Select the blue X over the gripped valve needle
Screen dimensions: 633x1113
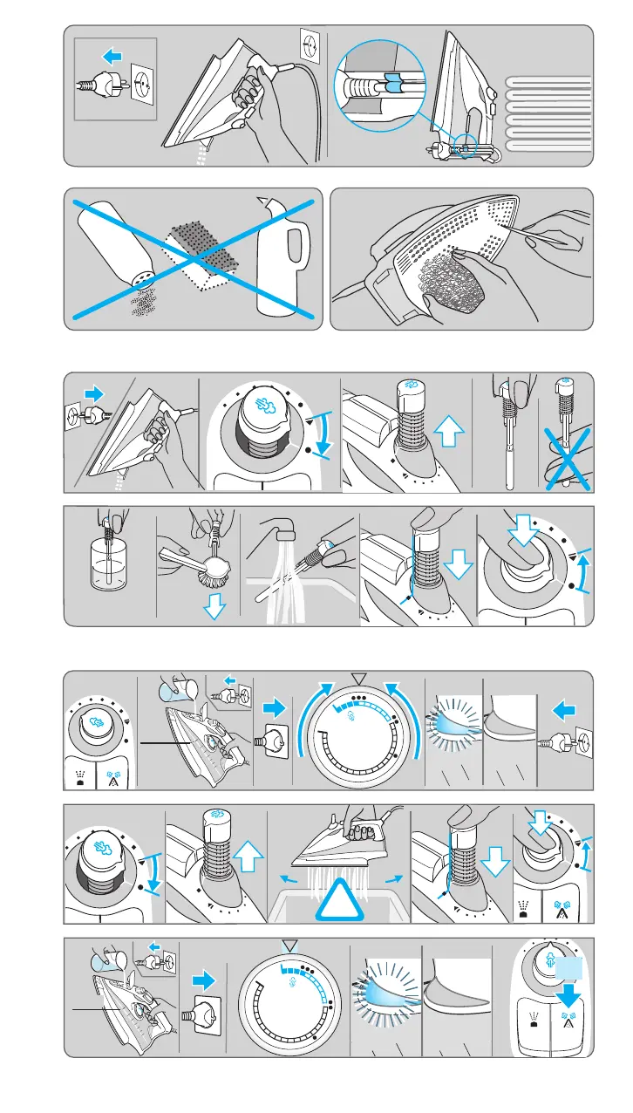pyautogui.click(x=566, y=461)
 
